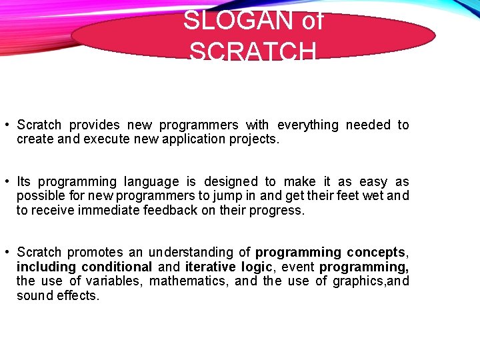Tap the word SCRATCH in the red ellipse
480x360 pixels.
click(253, 52)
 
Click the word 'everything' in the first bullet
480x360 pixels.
click(307, 125)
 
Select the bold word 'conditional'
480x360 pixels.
click(117, 267)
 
